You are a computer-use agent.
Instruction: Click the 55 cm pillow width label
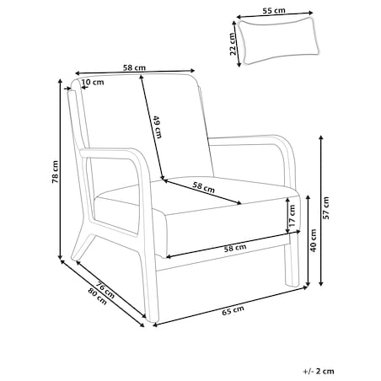274,11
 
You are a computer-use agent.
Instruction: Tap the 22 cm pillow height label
232,44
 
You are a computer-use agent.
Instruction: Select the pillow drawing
278,40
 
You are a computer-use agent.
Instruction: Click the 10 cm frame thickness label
93,83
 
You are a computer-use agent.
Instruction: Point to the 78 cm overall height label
55,172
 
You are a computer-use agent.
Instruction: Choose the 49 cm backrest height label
158,127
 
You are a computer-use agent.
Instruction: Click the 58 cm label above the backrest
134,67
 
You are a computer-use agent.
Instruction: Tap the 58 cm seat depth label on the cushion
204,187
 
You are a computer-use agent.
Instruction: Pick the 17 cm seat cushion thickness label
292,216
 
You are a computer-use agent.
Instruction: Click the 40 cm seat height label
313,240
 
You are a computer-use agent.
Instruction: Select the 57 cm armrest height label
325,208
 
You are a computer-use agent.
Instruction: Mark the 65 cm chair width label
233,310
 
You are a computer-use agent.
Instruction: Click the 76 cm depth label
105,289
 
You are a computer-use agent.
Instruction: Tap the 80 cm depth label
98,297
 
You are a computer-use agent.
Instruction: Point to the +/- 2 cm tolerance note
319,371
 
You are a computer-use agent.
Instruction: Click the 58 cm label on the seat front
235,248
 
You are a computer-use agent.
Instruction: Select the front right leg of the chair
292,260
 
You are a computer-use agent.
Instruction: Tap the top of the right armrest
247,137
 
